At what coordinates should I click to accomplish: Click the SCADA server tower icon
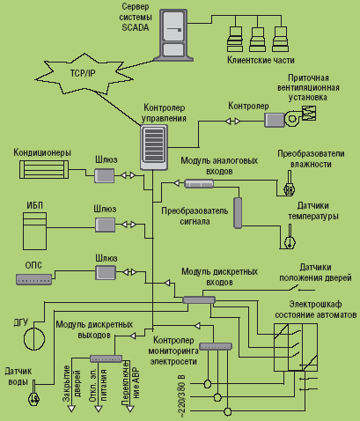click(173, 35)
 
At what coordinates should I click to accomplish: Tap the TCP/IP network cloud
click(83, 73)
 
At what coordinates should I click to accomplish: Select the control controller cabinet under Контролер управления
click(154, 147)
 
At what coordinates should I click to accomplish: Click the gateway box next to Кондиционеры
click(104, 175)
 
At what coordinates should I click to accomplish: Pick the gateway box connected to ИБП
click(105, 225)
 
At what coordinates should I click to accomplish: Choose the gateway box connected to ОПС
click(106, 272)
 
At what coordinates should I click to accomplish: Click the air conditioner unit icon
click(44, 169)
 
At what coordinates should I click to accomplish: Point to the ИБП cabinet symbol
click(34, 232)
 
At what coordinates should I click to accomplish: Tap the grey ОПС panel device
click(33, 279)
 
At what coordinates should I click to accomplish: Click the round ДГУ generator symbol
click(34, 339)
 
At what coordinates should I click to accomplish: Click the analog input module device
click(199, 184)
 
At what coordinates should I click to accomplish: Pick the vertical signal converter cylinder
click(238, 213)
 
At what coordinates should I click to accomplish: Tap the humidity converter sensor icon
click(289, 184)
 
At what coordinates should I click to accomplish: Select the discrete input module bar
click(199, 299)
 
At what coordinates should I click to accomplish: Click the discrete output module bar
click(106, 358)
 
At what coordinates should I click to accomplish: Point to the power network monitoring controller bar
click(216, 346)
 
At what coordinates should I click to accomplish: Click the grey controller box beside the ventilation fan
click(275, 120)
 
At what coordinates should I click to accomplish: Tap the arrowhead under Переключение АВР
click(130, 409)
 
